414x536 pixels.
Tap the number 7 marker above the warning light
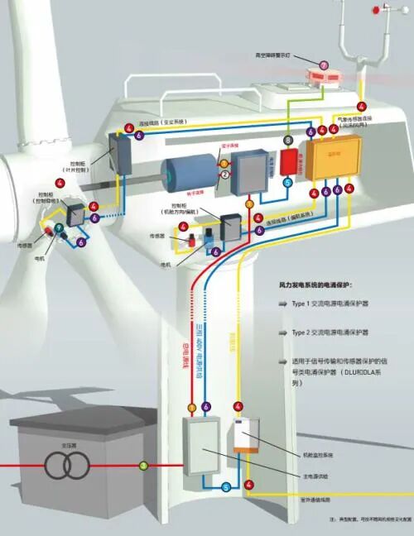tap(324, 64)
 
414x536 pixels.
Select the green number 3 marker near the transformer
tap(143, 466)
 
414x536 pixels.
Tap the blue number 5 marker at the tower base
tap(226, 487)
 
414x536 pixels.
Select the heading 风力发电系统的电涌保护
tap(323, 284)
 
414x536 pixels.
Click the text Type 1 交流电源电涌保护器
tap(335, 304)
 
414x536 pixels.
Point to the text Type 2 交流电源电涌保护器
tap(335, 333)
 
